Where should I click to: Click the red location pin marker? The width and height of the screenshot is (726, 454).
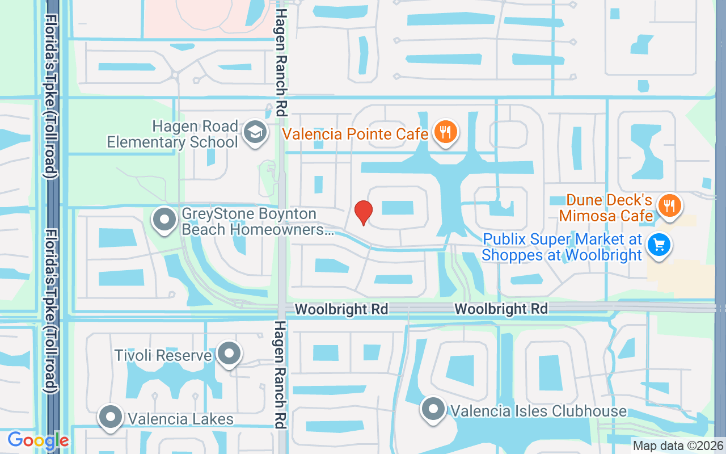click(364, 212)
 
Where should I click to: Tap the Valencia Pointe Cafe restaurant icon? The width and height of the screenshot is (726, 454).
click(445, 133)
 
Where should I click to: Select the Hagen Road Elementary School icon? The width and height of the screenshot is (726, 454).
click(255, 133)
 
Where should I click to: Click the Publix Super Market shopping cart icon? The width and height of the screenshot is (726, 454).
click(659, 246)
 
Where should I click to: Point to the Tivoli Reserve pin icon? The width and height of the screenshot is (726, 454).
click(229, 354)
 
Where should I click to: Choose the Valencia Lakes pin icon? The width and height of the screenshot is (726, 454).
click(111, 417)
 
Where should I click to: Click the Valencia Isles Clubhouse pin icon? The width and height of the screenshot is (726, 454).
click(434, 409)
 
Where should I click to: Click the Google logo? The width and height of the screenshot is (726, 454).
click(38, 440)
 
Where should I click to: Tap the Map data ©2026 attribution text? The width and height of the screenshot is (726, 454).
click(678, 446)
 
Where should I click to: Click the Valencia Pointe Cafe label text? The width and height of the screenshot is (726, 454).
click(356, 134)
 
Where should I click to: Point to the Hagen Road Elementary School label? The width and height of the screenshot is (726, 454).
click(173, 134)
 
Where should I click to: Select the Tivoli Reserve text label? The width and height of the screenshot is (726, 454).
click(163, 356)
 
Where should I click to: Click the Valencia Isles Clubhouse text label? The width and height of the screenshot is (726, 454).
click(538, 411)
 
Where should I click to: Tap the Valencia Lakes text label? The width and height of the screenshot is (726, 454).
click(180, 419)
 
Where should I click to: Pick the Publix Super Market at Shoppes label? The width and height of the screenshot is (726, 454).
click(562, 247)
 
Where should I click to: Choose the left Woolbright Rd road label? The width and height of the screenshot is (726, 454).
click(342, 309)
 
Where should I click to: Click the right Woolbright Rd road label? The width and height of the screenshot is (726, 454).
click(501, 309)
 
